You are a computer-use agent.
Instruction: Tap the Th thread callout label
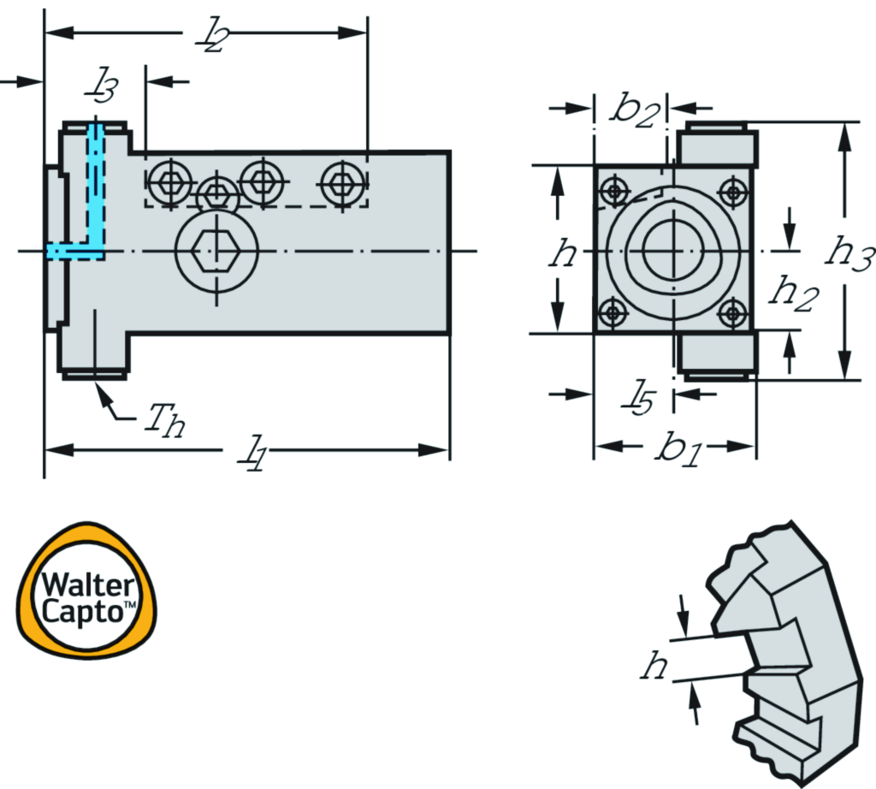pos(163,419)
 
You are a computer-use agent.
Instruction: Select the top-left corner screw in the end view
pos(613,190)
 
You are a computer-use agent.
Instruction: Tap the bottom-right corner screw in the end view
pos(732,312)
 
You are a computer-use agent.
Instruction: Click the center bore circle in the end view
pos(672,252)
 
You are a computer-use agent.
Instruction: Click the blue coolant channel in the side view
pos(95,197)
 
